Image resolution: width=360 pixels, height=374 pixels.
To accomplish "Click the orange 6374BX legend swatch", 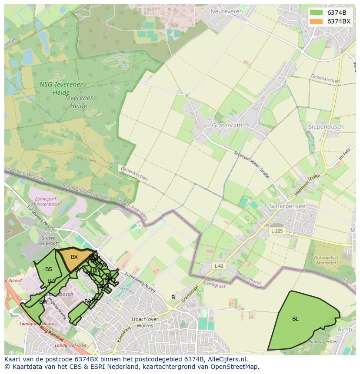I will click(316, 21).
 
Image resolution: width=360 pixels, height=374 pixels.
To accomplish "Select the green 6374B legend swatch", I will click(316, 13).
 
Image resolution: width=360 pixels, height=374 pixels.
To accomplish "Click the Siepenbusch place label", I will click(326, 127).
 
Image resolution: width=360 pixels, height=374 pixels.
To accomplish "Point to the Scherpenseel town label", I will click(288, 205).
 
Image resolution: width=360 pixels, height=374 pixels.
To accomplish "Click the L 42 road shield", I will click(219, 265).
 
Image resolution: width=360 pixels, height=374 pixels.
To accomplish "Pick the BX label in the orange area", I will click(74, 257).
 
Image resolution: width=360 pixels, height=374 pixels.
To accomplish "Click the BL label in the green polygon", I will click(295, 319).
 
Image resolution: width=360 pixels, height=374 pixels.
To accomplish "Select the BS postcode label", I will click(49, 269).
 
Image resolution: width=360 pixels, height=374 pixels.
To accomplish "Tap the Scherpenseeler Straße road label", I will click(251, 165).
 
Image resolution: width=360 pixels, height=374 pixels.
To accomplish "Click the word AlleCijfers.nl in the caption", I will click(227, 359).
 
